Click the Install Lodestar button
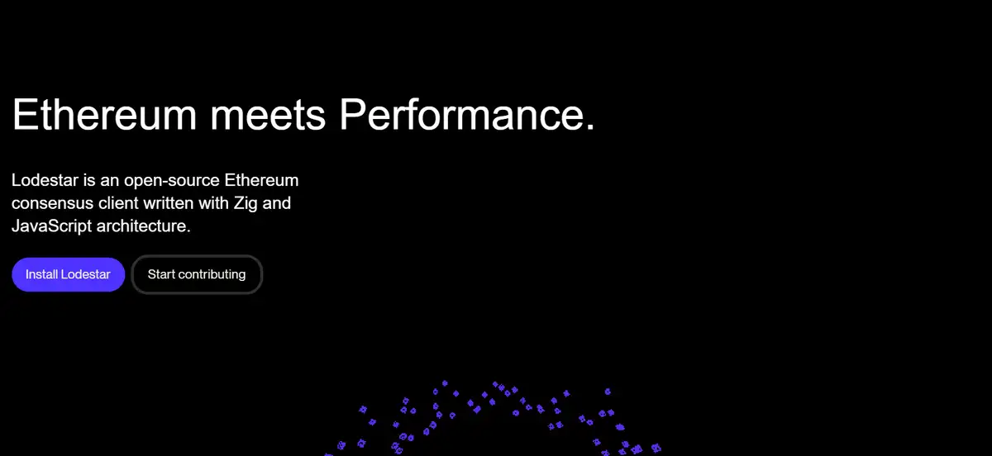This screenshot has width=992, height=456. pos(68,274)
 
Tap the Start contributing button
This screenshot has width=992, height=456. pos(197,274)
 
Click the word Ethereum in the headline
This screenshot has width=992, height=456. pos(104,115)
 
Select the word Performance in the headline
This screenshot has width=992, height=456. pos(461,115)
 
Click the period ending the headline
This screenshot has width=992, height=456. pos(590,127)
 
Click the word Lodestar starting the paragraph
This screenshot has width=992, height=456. pos(45,180)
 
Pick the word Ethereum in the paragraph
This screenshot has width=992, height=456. pos(262,180)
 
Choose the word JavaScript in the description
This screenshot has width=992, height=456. pos(51,227)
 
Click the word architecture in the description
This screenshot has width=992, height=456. pos(141,226)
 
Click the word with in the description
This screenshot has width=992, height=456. pos(214,203)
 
